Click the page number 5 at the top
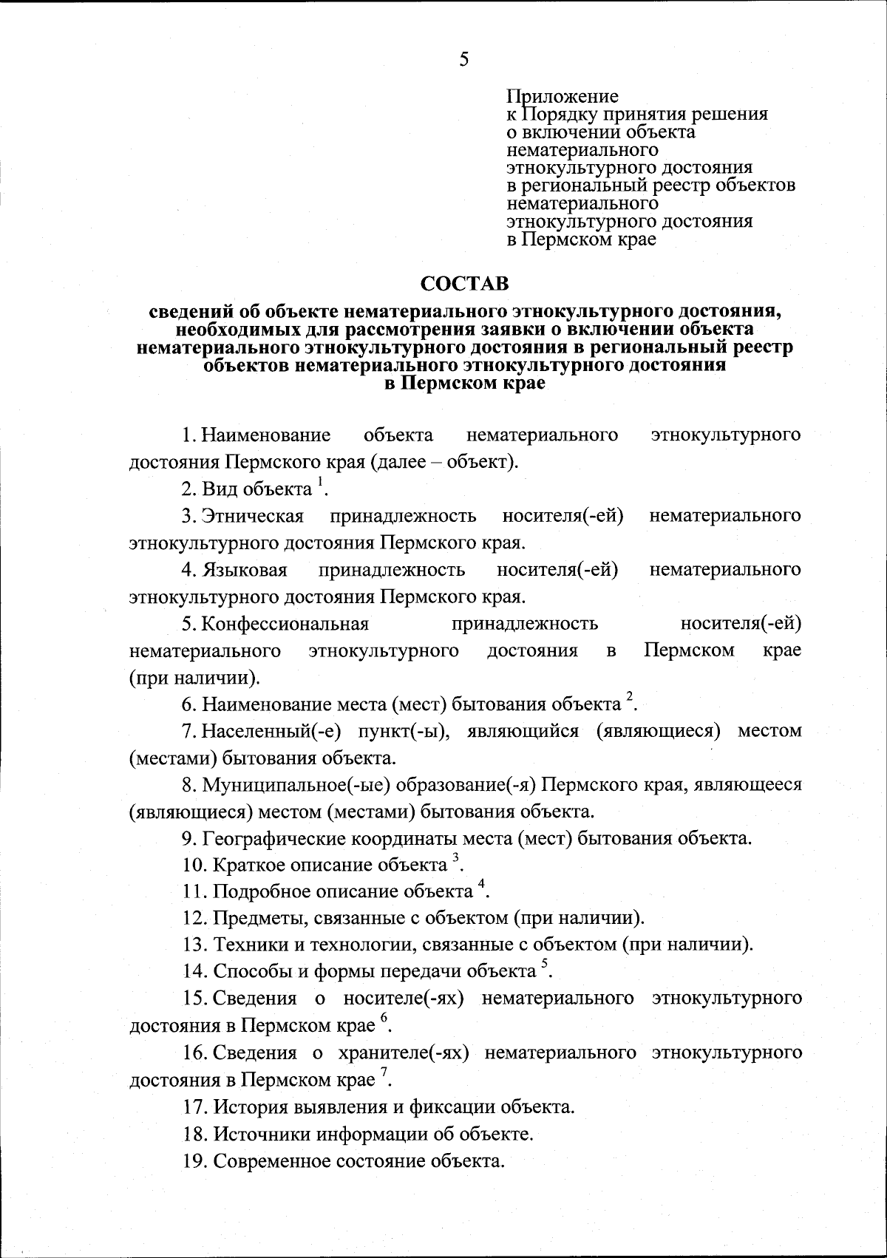coord(463,60)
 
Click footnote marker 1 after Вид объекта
coord(320,482)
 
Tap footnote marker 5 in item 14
coord(544,963)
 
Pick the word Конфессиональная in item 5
coord(285,624)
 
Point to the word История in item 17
coord(245,1106)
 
